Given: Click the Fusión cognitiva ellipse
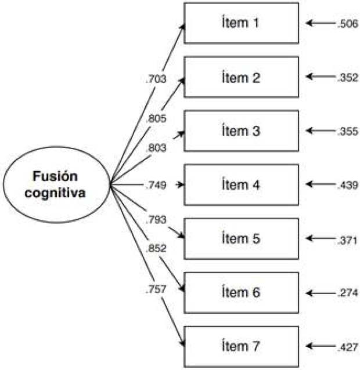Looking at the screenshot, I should (56, 184).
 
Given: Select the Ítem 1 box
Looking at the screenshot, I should (241, 23).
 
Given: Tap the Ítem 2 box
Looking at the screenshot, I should (241, 77).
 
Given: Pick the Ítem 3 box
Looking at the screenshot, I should (241, 131).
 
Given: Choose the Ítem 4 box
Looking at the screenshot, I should (241, 185).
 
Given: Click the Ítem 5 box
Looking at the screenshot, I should (241, 238).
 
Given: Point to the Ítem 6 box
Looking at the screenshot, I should (241, 292).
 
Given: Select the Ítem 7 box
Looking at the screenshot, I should (241, 346).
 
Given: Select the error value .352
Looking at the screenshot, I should (346, 77).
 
